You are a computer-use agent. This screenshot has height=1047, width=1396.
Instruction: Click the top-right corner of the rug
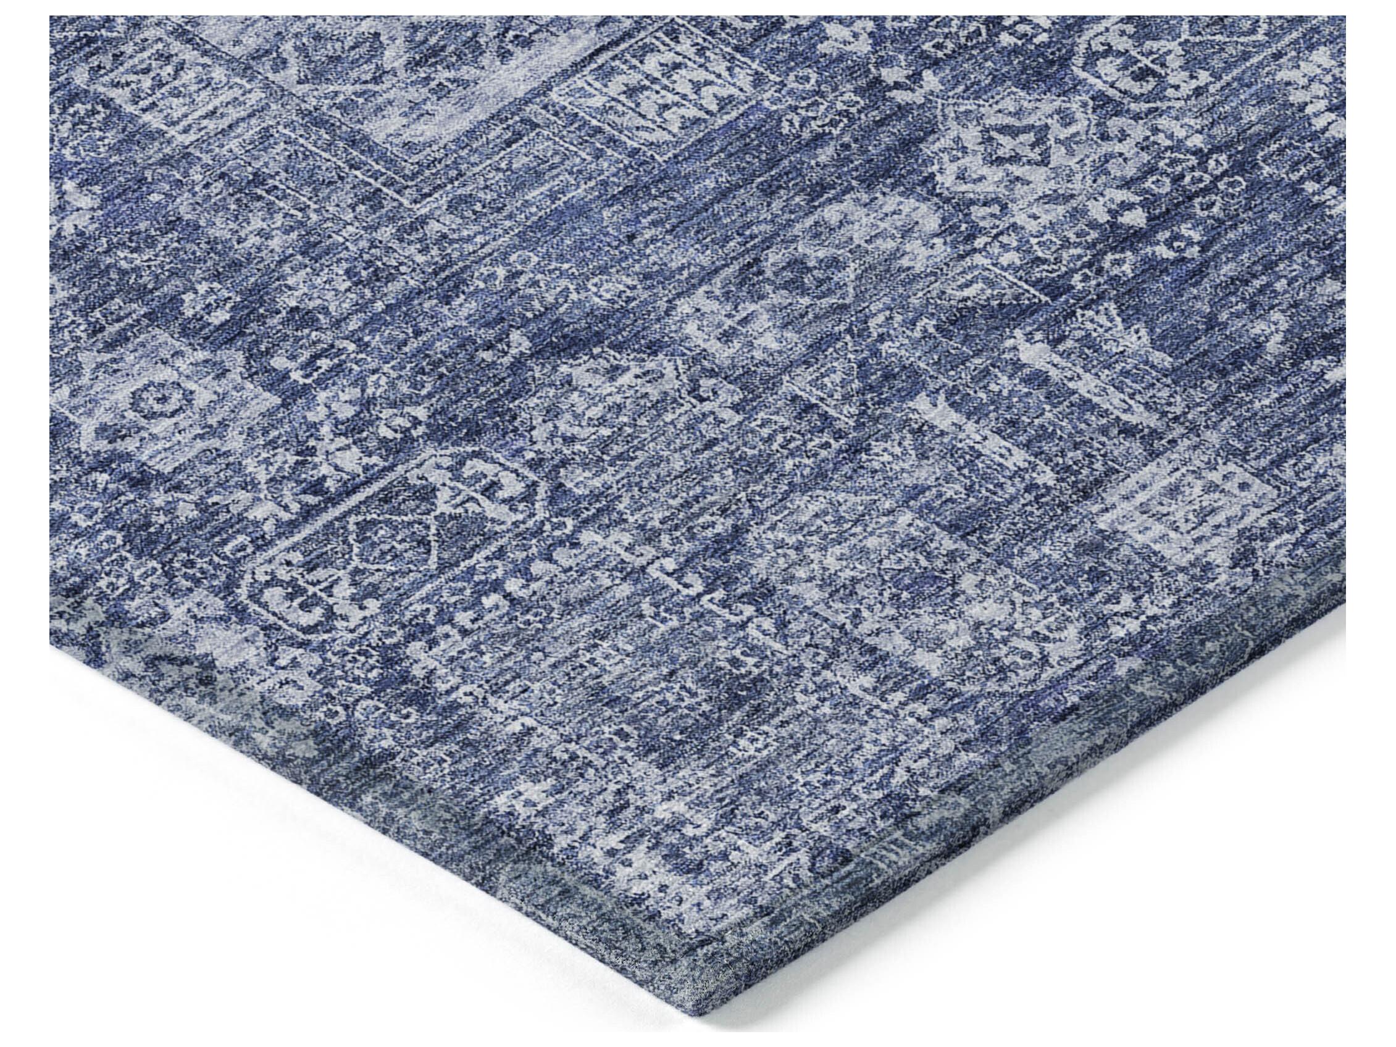(1344, 17)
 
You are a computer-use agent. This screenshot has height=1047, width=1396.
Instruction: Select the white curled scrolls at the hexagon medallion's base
(303, 603)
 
